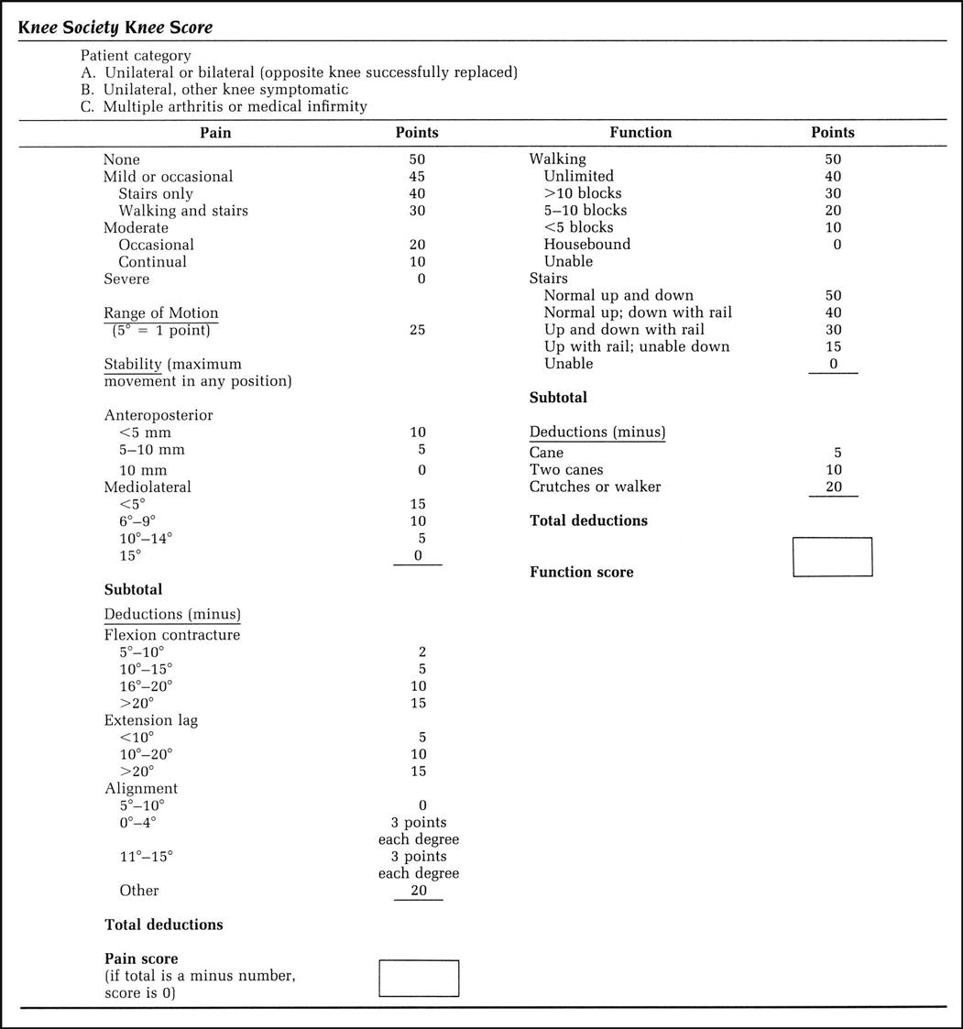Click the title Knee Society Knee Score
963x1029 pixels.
pos(115,27)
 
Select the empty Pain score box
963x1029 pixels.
pos(419,978)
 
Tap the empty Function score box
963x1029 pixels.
pos(832,557)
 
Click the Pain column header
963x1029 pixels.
pos(215,133)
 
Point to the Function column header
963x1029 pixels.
pos(640,133)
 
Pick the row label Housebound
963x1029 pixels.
pos(586,245)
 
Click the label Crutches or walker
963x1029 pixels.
pos(595,487)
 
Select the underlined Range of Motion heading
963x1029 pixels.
pos(160,313)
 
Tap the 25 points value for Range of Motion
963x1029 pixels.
pos(417,330)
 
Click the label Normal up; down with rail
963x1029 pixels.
pos(638,312)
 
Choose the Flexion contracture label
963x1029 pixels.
pos(172,635)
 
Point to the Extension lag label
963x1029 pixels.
pos(150,720)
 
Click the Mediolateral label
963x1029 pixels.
pos(148,487)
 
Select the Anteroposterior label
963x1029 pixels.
pos(158,415)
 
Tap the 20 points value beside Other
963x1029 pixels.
pos(418,890)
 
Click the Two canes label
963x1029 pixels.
pos(566,469)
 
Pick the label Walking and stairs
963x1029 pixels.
pos(183,211)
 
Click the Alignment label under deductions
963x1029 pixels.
pos(141,788)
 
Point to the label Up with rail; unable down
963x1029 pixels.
pos(637,346)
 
